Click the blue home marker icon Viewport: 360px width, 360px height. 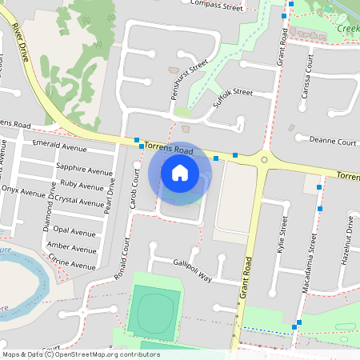pyautogui.click(x=180, y=173)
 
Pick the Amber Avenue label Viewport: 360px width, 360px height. pyautogui.click(x=71, y=246)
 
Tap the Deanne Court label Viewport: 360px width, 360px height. pyautogui.click(x=332, y=141)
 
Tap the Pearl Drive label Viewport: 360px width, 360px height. pyautogui.click(x=110, y=193)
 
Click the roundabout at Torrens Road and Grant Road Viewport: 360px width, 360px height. pyautogui.click(x=265, y=159)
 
